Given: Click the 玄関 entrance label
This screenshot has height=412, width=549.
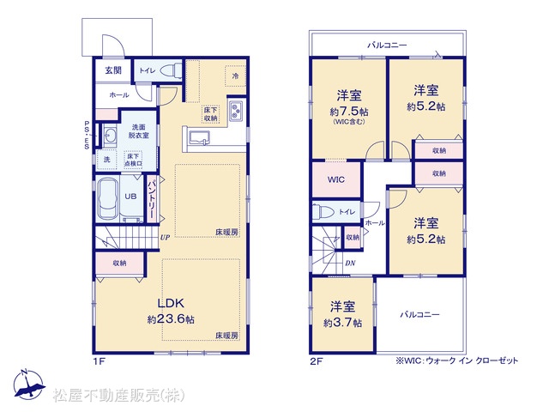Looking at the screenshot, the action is point(113,70).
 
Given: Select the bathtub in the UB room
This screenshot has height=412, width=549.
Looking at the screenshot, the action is point(107,198).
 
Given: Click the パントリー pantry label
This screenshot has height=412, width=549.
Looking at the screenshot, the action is point(151,198).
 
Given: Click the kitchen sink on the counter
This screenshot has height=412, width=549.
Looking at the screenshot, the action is point(199,137).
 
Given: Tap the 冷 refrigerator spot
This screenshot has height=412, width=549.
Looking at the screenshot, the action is point(235,76).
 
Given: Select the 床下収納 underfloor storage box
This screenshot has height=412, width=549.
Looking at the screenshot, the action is point(211,114).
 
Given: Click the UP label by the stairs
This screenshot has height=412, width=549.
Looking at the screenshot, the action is point(165,237).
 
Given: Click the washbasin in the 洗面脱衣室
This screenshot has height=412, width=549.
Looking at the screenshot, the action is point(111,136).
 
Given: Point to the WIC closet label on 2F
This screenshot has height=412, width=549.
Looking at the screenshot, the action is point(336,179).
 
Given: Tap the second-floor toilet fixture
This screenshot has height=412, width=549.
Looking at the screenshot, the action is point(324,212).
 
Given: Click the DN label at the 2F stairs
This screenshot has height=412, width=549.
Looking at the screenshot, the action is point(350,263).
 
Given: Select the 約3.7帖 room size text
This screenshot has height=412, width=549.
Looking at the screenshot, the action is point(342,323).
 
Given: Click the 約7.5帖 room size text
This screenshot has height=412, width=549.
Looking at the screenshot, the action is point(349,112).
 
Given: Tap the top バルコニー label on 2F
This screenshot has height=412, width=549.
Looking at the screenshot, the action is point(387,45).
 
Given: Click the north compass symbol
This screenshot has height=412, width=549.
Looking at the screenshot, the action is point(29,385).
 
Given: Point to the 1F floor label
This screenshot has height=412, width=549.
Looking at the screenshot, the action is point(99,361).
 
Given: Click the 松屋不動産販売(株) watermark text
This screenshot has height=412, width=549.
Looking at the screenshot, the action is point(118,396).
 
